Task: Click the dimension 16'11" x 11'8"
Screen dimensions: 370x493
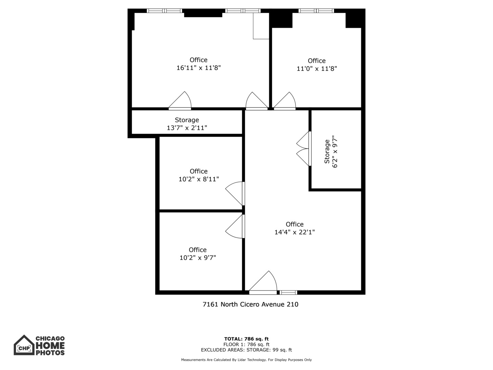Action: [x=199, y=68]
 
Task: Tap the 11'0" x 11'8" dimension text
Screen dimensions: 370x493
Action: [x=317, y=69]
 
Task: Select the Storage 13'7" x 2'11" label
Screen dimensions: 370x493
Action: [x=187, y=124]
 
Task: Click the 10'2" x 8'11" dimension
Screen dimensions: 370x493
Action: [x=199, y=179]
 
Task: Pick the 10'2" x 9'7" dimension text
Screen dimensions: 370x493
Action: [x=198, y=258]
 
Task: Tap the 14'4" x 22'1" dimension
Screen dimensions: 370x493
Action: [x=294, y=232]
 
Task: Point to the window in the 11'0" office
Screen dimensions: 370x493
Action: [x=316, y=11]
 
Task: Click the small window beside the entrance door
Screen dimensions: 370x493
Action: [x=288, y=292]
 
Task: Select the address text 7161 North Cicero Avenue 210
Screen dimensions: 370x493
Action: [x=250, y=304]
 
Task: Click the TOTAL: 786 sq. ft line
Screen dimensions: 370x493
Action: [x=246, y=339]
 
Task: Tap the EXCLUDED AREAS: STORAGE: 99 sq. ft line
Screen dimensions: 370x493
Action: [x=246, y=350]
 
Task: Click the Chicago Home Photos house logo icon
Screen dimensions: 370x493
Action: [x=24, y=345]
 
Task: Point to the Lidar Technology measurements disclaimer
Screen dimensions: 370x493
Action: [x=246, y=360]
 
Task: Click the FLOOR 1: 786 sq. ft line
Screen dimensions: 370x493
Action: [x=246, y=344]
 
